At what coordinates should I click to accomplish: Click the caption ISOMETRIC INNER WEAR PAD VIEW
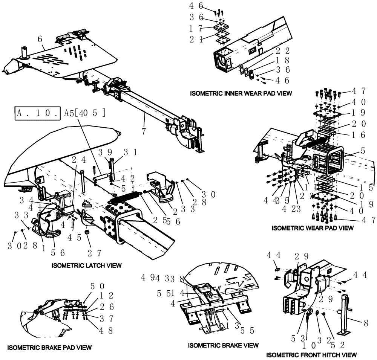coord(241,93)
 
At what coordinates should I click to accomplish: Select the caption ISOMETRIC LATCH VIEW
coord(86,265)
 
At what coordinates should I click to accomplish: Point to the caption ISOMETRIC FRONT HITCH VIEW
coord(311,355)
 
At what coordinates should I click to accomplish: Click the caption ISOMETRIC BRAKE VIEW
coord(223,345)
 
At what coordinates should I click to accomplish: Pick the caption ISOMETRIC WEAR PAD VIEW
coord(313,228)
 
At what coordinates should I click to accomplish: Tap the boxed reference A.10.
coord(37,113)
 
